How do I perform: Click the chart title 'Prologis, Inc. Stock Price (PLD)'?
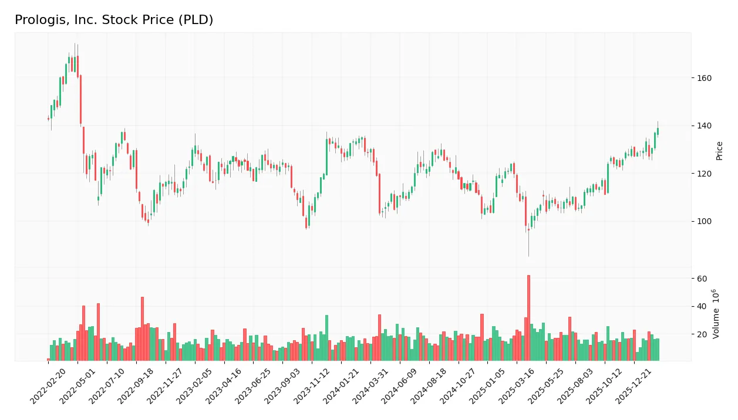[114, 20]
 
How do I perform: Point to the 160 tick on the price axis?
[704, 78]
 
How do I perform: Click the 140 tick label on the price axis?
[704, 126]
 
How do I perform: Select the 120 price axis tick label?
[704, 174]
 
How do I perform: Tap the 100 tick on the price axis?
[704, 222]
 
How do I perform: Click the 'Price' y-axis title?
[719, 151]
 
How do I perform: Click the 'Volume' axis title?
[716, 314]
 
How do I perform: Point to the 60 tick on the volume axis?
[702, 279]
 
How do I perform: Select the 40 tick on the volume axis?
[702, 307]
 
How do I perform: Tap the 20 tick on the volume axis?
[702, 334]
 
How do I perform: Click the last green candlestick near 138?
[658, 131]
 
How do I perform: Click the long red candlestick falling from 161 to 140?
[80, 99]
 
